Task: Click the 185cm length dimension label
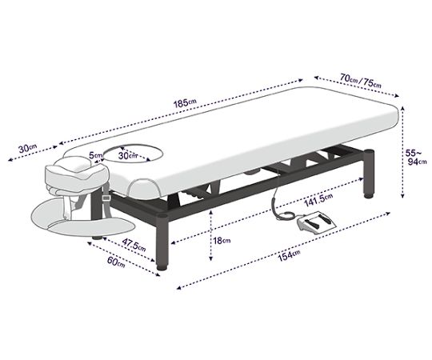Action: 185,102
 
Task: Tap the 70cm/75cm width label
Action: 361,80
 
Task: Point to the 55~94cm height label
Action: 417,157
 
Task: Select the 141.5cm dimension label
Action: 318,200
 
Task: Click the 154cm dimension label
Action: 289,255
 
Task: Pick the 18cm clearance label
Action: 222,241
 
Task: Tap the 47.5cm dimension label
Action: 134,245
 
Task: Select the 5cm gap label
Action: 95,154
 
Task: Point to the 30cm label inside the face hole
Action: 127,156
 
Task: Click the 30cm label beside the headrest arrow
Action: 27,148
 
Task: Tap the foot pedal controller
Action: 317,222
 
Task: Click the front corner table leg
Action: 162,242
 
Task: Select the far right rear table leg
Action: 369,174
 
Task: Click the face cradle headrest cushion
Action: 76,174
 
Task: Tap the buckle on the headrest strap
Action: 106,198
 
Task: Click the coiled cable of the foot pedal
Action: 280,206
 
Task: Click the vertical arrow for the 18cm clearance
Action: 210,235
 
